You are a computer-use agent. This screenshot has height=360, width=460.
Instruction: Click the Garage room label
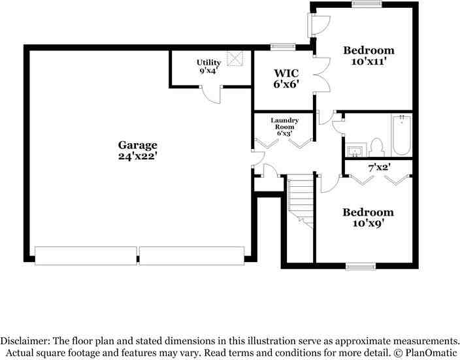[x=137, y=145]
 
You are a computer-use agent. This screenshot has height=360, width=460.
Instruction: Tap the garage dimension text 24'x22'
[x=137, y=157]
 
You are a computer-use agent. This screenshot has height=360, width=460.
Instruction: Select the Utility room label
[x=209, y=63]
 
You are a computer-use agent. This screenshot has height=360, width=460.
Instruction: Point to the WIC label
[x=286, y=72]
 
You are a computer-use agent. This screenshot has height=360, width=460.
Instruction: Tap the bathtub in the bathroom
[x=400, y=135]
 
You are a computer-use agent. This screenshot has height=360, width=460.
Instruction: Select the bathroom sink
[x=355, y=151]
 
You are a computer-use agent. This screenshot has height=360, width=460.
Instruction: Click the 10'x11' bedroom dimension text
[x=369, y=62]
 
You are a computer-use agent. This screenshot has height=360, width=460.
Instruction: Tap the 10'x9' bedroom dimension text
[x=369, y=224]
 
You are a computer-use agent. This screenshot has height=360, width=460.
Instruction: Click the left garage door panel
[x=86, y=255]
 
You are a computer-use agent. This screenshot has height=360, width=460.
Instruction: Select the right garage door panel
[x=191, y=255]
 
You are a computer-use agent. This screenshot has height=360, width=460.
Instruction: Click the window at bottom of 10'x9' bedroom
[x=361, y=266]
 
